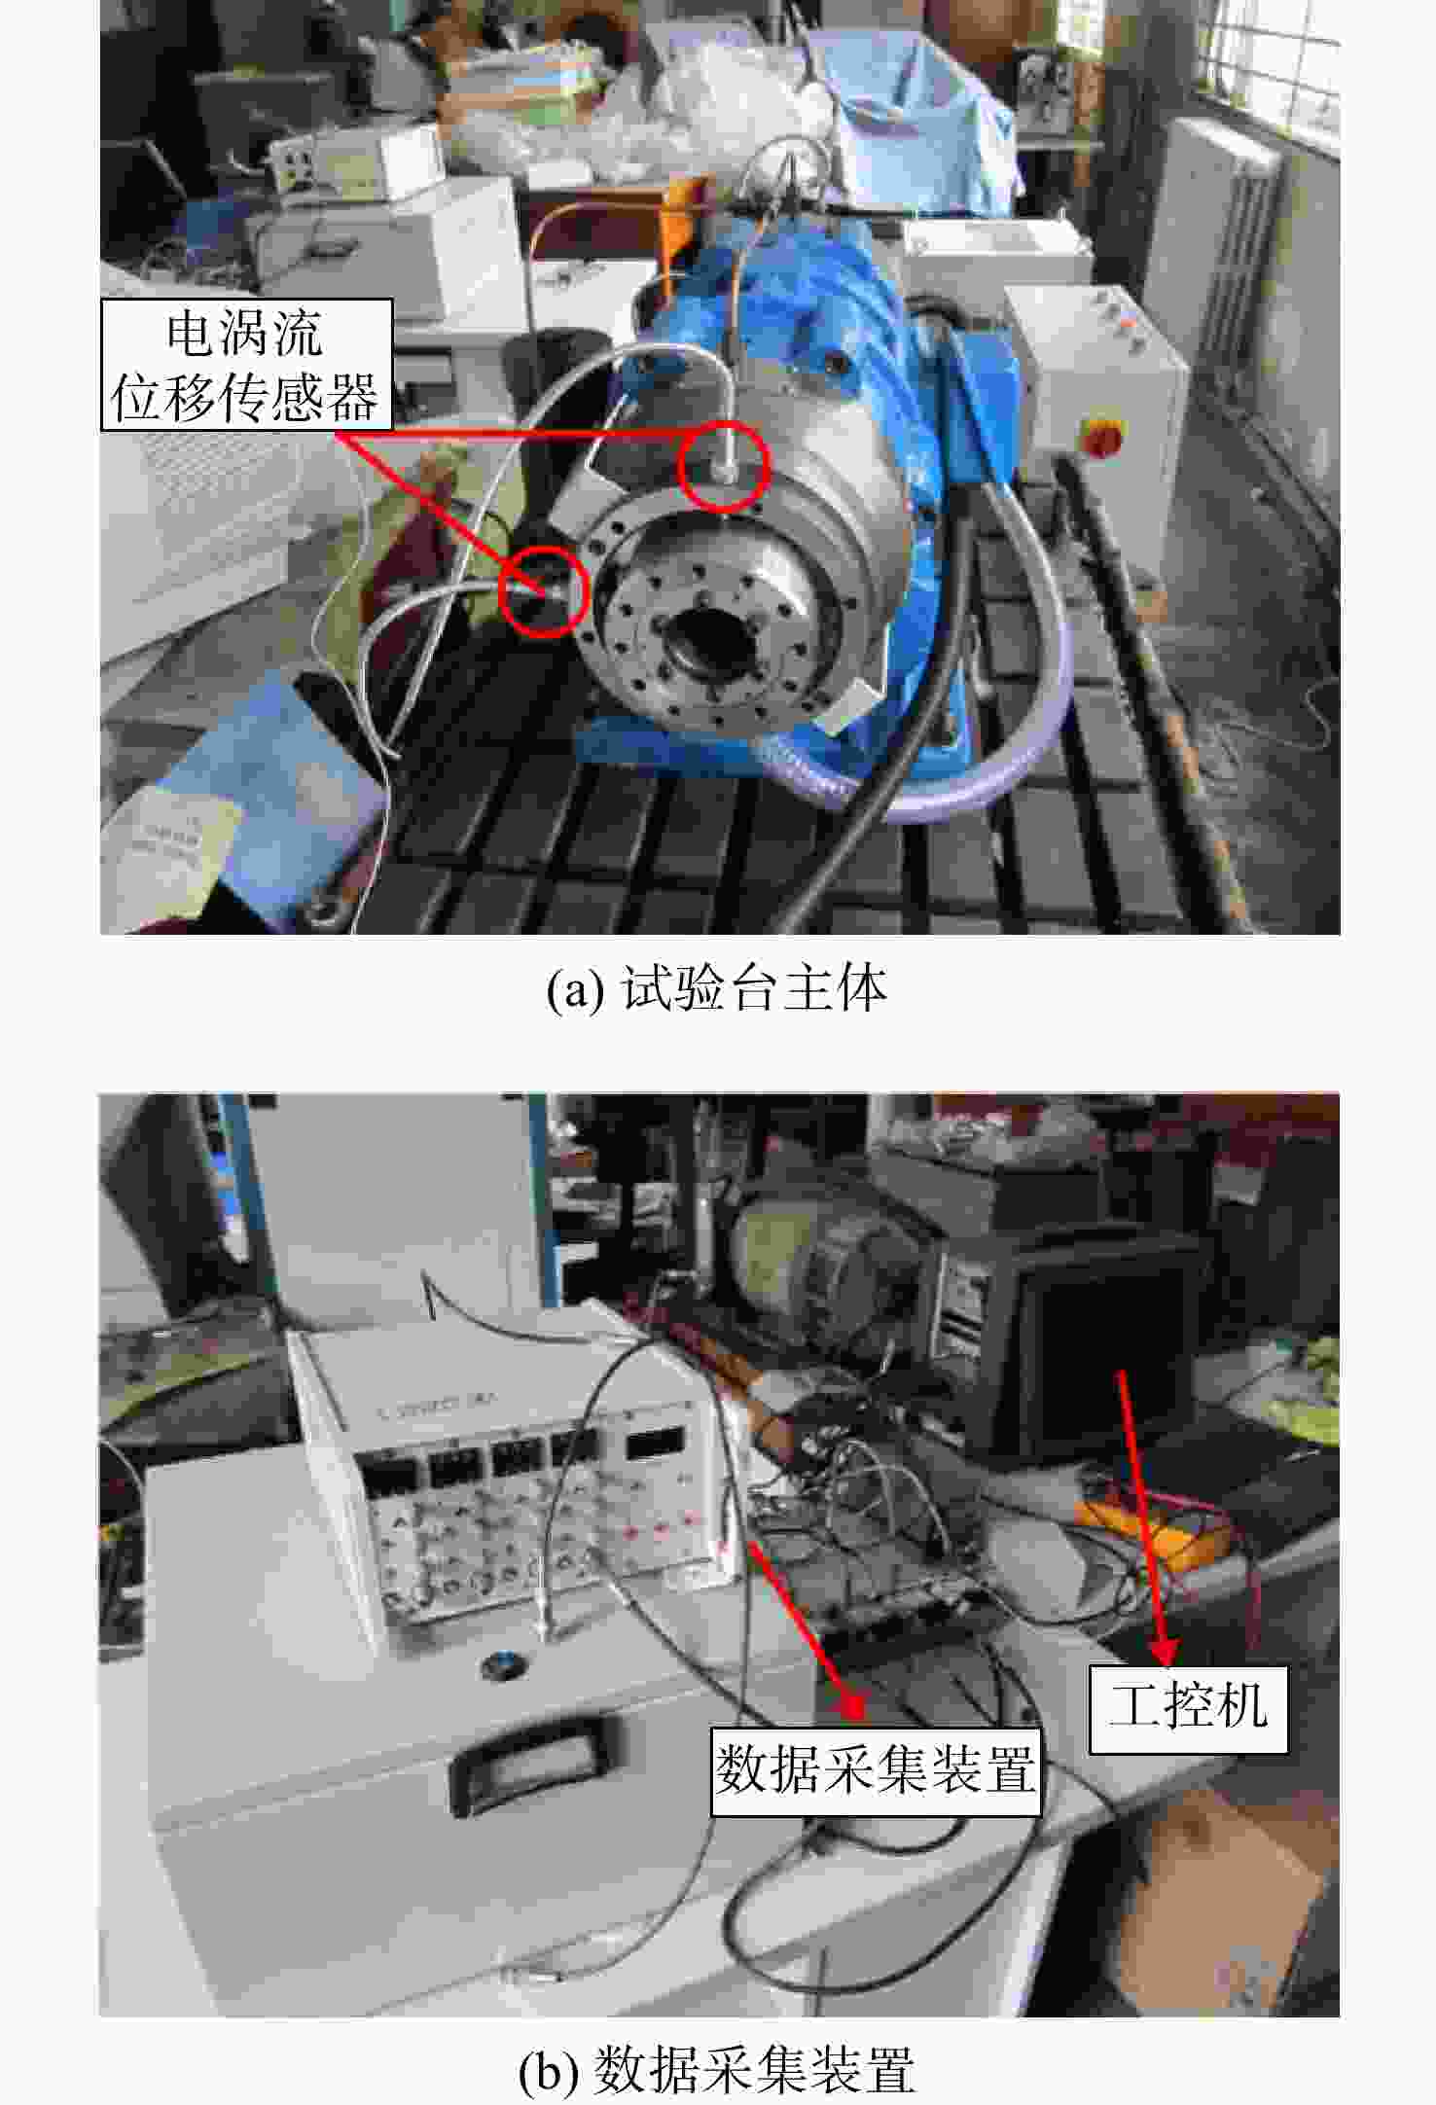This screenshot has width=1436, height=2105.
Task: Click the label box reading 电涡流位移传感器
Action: [x=246, y=365]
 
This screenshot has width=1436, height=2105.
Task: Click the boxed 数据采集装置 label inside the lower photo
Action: [x=876, y=1770]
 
